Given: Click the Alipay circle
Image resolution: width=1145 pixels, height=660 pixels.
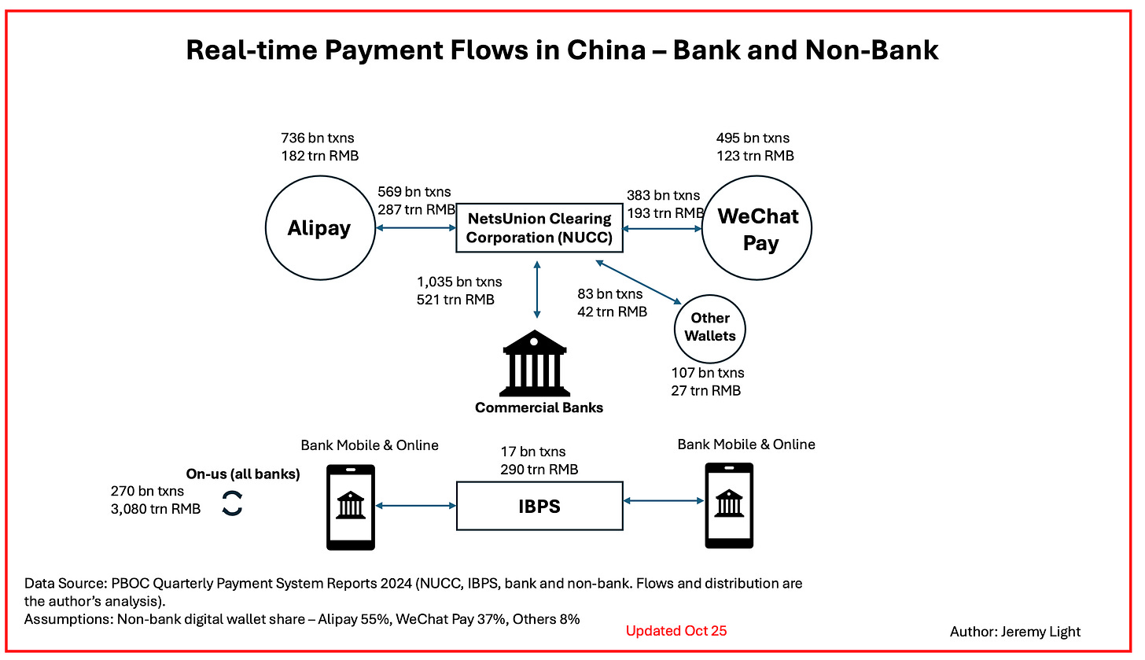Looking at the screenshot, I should [318, 228].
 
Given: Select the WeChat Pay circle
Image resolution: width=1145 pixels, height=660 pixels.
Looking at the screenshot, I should [756, 228].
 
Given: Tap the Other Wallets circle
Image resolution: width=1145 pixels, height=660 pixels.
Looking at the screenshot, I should [710, 327].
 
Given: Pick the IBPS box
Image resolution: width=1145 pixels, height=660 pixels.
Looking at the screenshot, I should [539, 505].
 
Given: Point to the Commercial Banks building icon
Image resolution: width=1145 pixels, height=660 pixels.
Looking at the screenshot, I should [535, 364].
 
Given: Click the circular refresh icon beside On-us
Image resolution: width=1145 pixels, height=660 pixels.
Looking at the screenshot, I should [232, 503].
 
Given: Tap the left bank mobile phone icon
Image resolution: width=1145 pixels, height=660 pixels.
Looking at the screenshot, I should [350, 506].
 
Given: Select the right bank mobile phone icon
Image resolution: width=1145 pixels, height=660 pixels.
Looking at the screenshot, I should [729, 505].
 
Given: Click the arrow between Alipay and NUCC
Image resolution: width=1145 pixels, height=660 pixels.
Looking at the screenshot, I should [417, 229].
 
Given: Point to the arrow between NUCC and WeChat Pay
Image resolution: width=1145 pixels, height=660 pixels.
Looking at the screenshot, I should [662, 229].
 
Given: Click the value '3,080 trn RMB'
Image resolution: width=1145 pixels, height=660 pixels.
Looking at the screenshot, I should [156, 509].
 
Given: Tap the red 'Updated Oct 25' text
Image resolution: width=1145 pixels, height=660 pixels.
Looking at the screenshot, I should [676, 631].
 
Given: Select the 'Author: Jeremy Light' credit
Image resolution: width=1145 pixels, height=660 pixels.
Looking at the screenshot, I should [1015, 632].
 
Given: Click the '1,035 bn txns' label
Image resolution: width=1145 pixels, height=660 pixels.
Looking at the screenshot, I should [459, 282].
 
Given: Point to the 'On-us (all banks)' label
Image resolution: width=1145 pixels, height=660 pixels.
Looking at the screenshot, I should [242, 474].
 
